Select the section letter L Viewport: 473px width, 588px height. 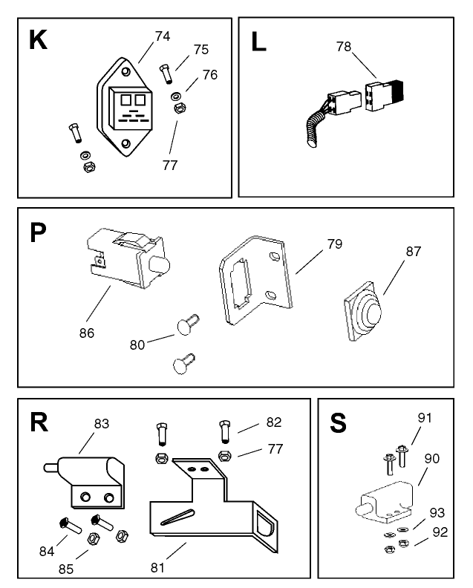coord(258,42)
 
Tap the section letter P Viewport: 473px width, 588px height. coord(38,232)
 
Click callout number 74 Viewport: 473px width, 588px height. coord(163,35)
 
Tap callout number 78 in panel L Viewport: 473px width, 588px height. coord(343,46)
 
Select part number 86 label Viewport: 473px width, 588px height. coord(87,333)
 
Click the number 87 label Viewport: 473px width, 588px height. coord(413,252)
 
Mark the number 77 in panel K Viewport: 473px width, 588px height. coord(170,165)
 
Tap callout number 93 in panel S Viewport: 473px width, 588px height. coord(437,512)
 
